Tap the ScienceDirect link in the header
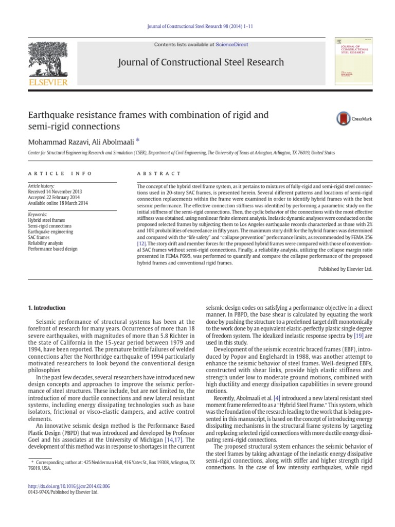[231, 45]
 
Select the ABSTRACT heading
[159, 174]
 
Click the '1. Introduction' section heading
[46, 308]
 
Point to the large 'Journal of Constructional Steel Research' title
[201, 62]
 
